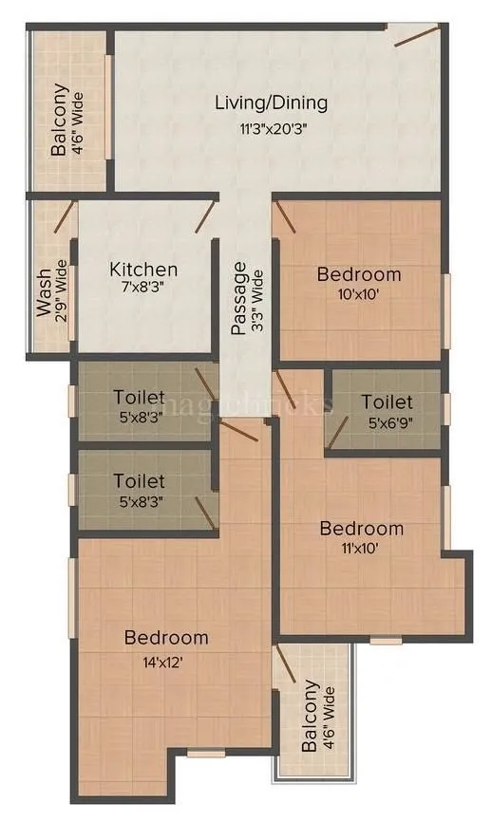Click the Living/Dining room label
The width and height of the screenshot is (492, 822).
(x=271, y=103)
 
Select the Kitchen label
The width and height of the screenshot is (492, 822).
(x=143, y=269)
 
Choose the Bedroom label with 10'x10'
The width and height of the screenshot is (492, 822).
(x=359, y=274)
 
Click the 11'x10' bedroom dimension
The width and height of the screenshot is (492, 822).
(x=361, y=548)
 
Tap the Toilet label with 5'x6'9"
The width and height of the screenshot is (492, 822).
(x=387, y=402)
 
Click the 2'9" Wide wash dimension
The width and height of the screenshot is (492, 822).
(x=61, y=294)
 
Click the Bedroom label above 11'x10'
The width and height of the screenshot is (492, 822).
(x=361, y=529)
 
